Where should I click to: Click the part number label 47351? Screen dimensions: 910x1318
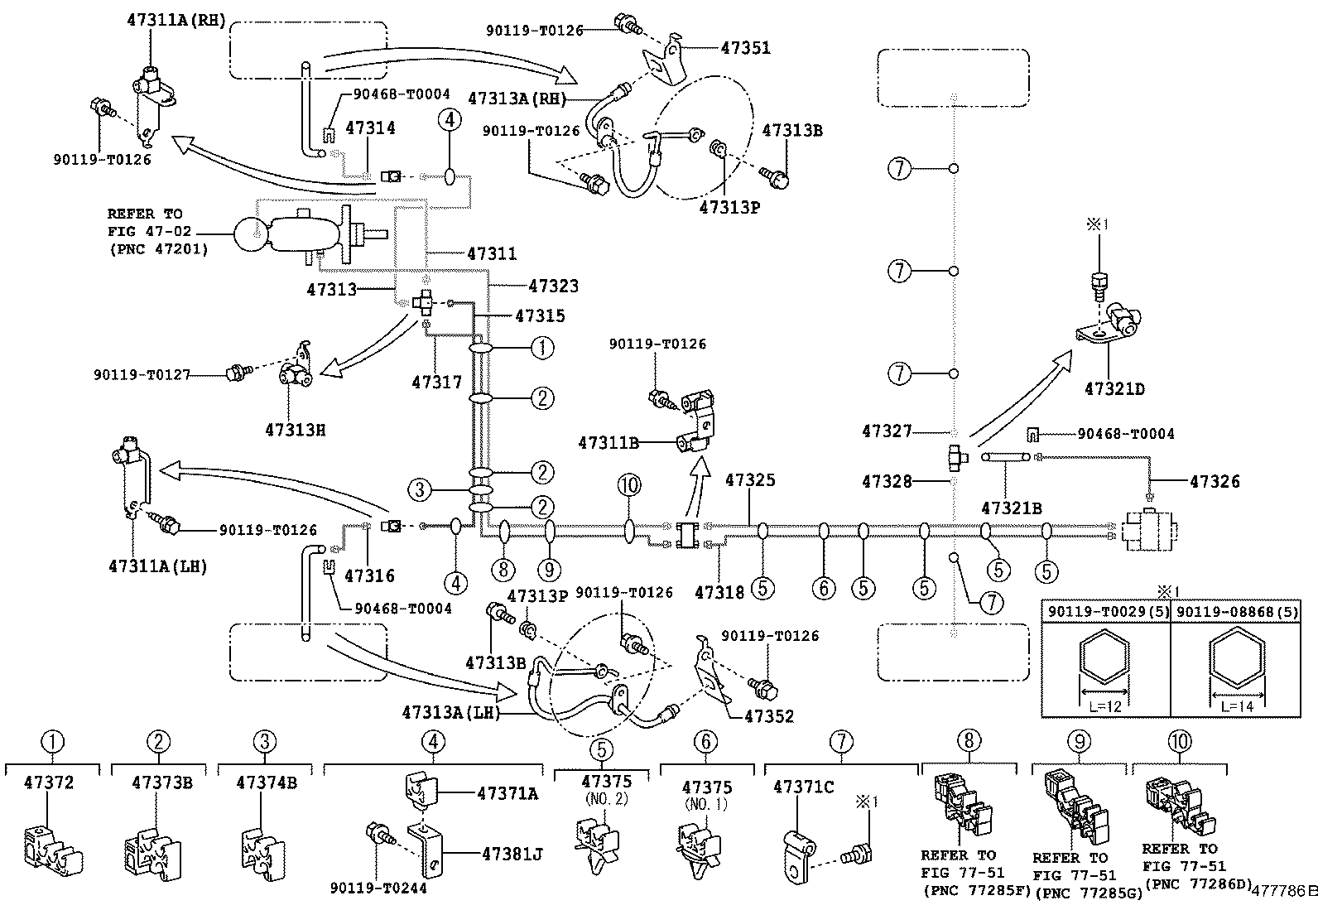(745, 48)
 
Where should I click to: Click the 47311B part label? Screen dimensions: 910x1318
(608, 443)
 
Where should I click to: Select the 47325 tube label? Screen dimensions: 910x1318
(750, 479)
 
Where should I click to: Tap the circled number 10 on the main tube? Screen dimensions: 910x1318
(628, 485)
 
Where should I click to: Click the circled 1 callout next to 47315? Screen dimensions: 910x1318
(541, 348)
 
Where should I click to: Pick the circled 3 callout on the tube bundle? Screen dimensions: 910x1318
(421, 490)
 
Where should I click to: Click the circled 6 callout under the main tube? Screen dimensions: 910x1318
(824, 588)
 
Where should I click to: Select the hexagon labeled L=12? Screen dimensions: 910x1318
(1104, 662)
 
